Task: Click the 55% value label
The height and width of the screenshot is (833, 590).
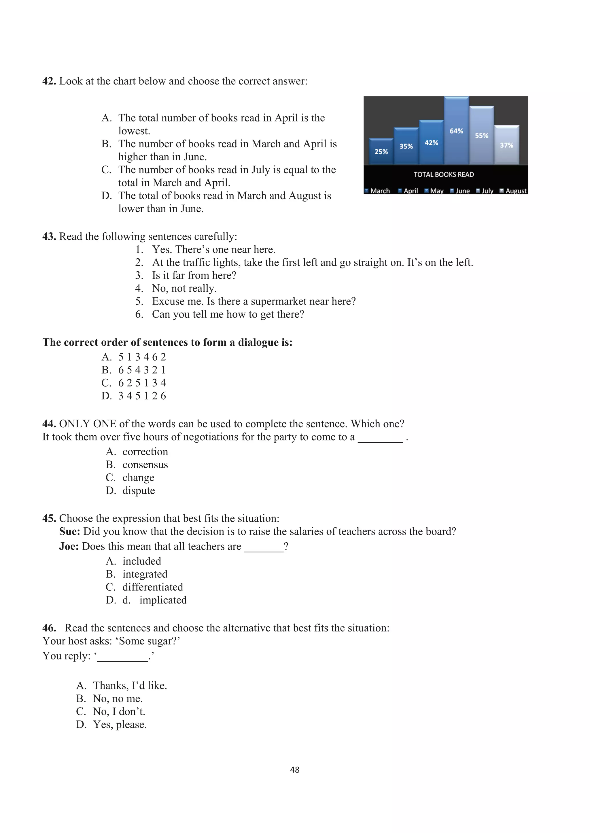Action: coord(481,136)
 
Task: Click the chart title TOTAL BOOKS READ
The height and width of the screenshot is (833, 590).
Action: coord(444,174)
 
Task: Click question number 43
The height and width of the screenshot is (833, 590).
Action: coord(49,237)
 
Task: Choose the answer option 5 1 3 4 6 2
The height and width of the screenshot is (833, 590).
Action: coord(142,357)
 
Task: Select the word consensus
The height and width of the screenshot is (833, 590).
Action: coord(145,465)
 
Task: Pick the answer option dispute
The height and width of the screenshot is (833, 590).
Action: coord(138,490)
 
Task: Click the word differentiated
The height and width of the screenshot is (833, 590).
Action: coord(153,587)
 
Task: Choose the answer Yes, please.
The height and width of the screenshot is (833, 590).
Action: coord(120,724)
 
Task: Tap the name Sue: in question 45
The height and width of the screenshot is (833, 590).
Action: coord(69,532)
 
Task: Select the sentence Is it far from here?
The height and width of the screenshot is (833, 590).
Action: coord(194,276)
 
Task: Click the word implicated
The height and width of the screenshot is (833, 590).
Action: coord(163,600)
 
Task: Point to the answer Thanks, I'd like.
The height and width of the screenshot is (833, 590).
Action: coord(130,685)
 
